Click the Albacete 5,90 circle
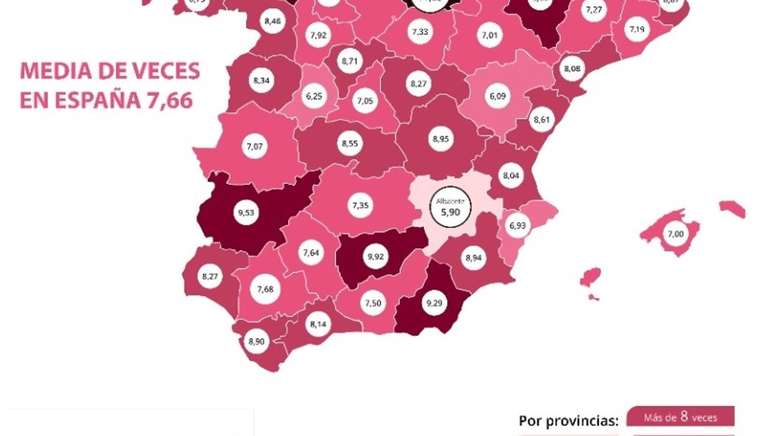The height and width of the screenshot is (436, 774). coord(450,207)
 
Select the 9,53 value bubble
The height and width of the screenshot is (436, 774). coord(246,212)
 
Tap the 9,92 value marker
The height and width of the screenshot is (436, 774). coord(375,256)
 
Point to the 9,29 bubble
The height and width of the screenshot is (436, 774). coord(434,303)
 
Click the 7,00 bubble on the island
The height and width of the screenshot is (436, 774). coord(676,234)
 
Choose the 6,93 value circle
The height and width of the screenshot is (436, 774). coord(517,225)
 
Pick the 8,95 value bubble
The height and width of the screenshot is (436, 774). coord(441,139)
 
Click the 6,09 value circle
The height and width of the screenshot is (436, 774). coord(497,96)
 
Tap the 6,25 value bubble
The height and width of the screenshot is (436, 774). coord(314,96)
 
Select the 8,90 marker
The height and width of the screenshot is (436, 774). coord(256,341)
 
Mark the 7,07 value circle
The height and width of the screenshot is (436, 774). coord(254,146)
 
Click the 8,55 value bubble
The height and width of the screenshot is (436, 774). coord(350,143)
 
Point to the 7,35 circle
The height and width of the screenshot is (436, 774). coord(360,205)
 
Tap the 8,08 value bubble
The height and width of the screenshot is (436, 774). coord(572,69)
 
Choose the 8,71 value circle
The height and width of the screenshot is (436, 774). coord(349,61)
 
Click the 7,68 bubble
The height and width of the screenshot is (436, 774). coord(265,289)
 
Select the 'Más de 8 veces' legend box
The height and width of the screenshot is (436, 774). coord(680,417)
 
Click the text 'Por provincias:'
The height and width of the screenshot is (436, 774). coord(568,420)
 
